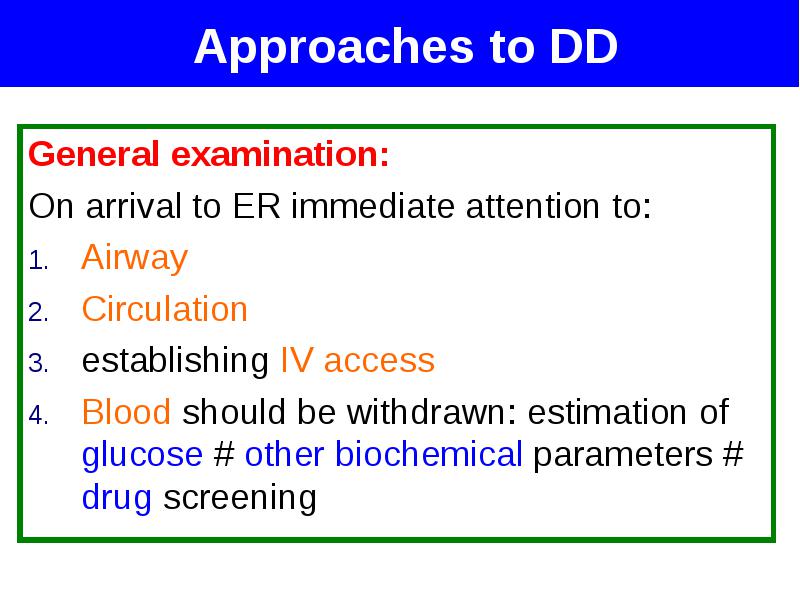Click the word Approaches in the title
click(x=334, y=48)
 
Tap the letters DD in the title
click(x=584, y=46)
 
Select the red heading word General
click(x=93, y=154)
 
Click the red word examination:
click(x=280, y=154)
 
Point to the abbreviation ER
click(x=256, y=206)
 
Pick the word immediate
click(x=372, y=206)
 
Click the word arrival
click(x=134, y=206)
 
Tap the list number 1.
click(x=38, y=261)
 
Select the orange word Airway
click(x=135, y=259)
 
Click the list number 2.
click(x=38, y=312)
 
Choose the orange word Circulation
click(x=164, y=309)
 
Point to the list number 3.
click(x=38, y=364)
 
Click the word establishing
click(x=175, y=361)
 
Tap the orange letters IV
click(x=296, y=360)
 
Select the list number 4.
click(x=38, y=415)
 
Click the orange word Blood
click(x=126, y=412)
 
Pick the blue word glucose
click(x=142, y=455)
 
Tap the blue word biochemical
click(x=429, y=454)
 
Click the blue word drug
click(x=117, y=498)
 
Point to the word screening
click(x=240, y=498)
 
